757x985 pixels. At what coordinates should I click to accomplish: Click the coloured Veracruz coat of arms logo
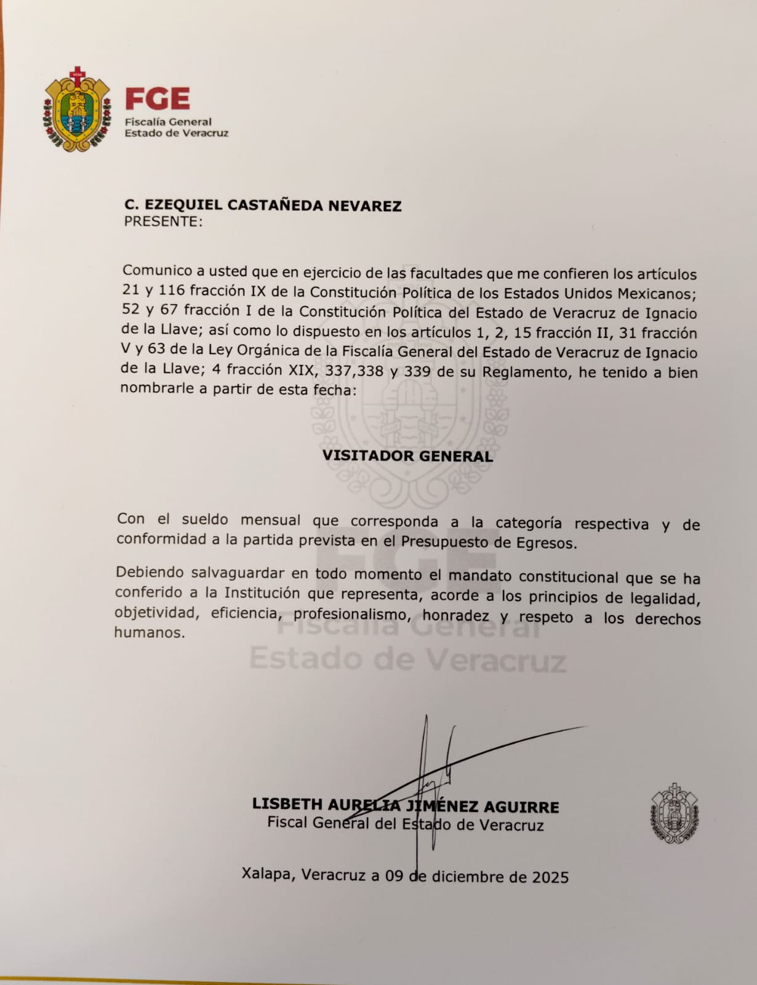77,110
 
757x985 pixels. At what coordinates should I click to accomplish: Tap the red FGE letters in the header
157,98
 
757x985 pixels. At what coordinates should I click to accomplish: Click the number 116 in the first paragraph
172,289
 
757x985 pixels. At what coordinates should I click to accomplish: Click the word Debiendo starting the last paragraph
150,573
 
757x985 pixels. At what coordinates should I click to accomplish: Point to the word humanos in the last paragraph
148,632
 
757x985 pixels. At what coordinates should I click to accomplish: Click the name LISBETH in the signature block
287,804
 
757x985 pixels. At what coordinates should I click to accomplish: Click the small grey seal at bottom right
675,813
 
